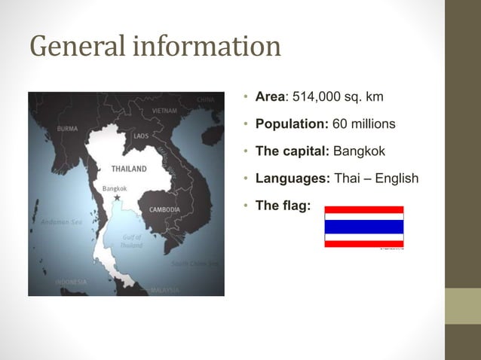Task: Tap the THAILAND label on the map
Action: tap(129, 168)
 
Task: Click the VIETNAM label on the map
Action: tap(164, 111)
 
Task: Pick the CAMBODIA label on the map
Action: tap(164, 209)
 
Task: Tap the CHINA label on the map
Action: tap(206, 99)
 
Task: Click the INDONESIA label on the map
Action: tap(70, 282)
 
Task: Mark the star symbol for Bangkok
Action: tap(117, 197)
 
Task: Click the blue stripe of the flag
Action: tap(363, 227)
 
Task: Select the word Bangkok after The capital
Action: tap(359, 151)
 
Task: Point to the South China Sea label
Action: tap(195, 264)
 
